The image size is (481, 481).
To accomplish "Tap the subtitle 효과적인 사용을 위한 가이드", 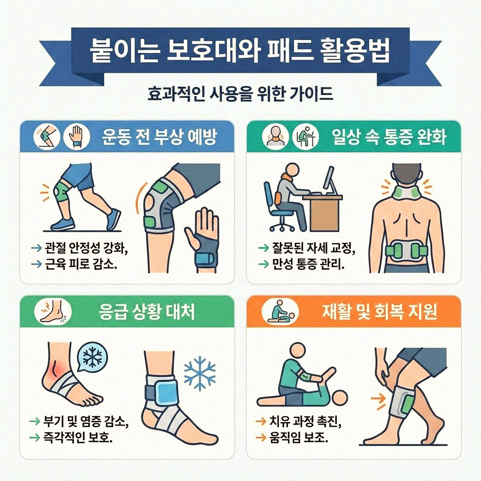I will click(240, 93).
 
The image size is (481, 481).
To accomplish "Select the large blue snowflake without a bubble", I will click(200, 373).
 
